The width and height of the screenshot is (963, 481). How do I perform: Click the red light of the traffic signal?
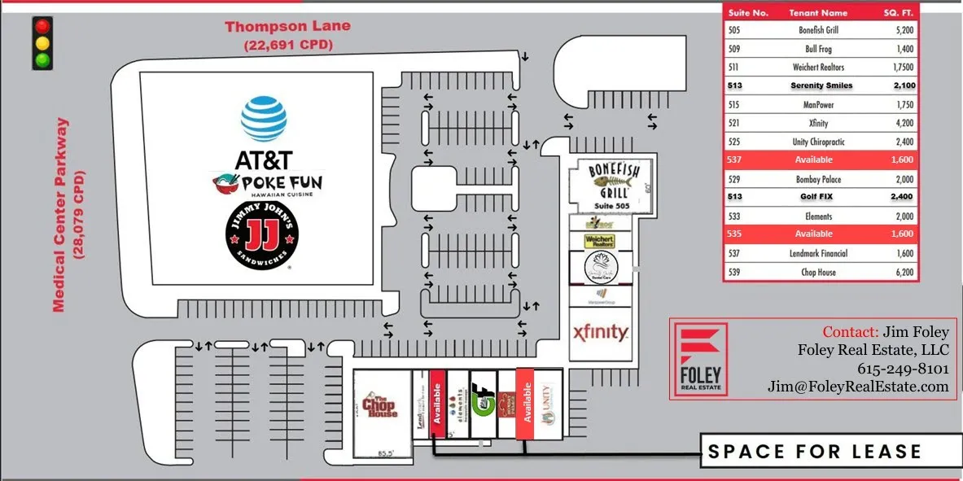coord(42,26)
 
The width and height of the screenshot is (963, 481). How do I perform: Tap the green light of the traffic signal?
coord(42,59)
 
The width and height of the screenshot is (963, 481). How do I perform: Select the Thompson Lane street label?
coord(288,27)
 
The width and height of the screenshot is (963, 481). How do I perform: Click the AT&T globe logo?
coord(264,119)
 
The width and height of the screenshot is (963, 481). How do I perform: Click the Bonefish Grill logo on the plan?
coord(609,179)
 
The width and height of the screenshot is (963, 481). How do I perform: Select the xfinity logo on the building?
coord(600,332)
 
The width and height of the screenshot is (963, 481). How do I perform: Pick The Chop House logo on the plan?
coord(380,405)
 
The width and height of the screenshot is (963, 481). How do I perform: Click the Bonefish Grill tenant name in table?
coord(818,30)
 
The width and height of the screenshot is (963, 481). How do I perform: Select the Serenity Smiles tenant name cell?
coord(821,85)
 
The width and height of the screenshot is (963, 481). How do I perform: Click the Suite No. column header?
coord(749,13)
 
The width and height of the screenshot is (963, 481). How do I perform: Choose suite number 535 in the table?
coord(734,234)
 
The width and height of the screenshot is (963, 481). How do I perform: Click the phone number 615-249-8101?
coord(903,369)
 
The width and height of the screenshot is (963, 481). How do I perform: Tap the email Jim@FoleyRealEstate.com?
coord(858,387)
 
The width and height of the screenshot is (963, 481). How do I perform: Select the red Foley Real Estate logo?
coord(699,358)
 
